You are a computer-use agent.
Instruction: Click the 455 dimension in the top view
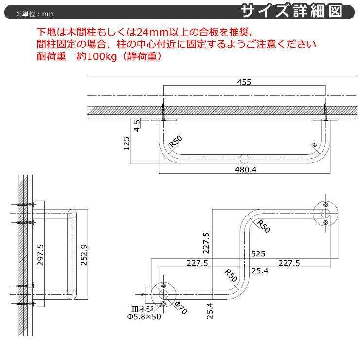245,82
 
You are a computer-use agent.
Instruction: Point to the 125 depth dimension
127,144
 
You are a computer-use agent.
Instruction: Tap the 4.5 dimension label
138,126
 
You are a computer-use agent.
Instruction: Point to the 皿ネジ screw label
142,309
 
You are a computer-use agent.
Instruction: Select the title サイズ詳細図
298,11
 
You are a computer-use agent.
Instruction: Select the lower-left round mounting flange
163,295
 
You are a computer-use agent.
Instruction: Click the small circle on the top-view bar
244,158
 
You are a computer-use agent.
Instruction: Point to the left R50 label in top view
176,141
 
